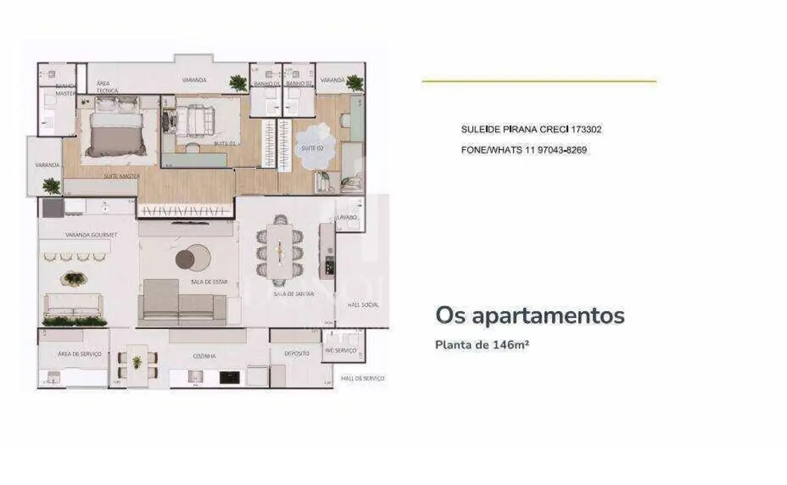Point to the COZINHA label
coord(204,356)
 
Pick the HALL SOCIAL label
coord(363,304)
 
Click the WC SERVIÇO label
coord(340,351)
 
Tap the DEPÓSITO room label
coord(296,354)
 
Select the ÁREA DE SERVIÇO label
coord(80,354)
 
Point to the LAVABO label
coord(348,217)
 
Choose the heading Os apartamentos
coord(530,316)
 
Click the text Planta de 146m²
coord(482,345)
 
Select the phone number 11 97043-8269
coord(551,150)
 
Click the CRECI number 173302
coord(586,129)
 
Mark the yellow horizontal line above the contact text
coord(539,81)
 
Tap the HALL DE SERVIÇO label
coord(363,379)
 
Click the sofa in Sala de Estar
coord(184,304)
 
